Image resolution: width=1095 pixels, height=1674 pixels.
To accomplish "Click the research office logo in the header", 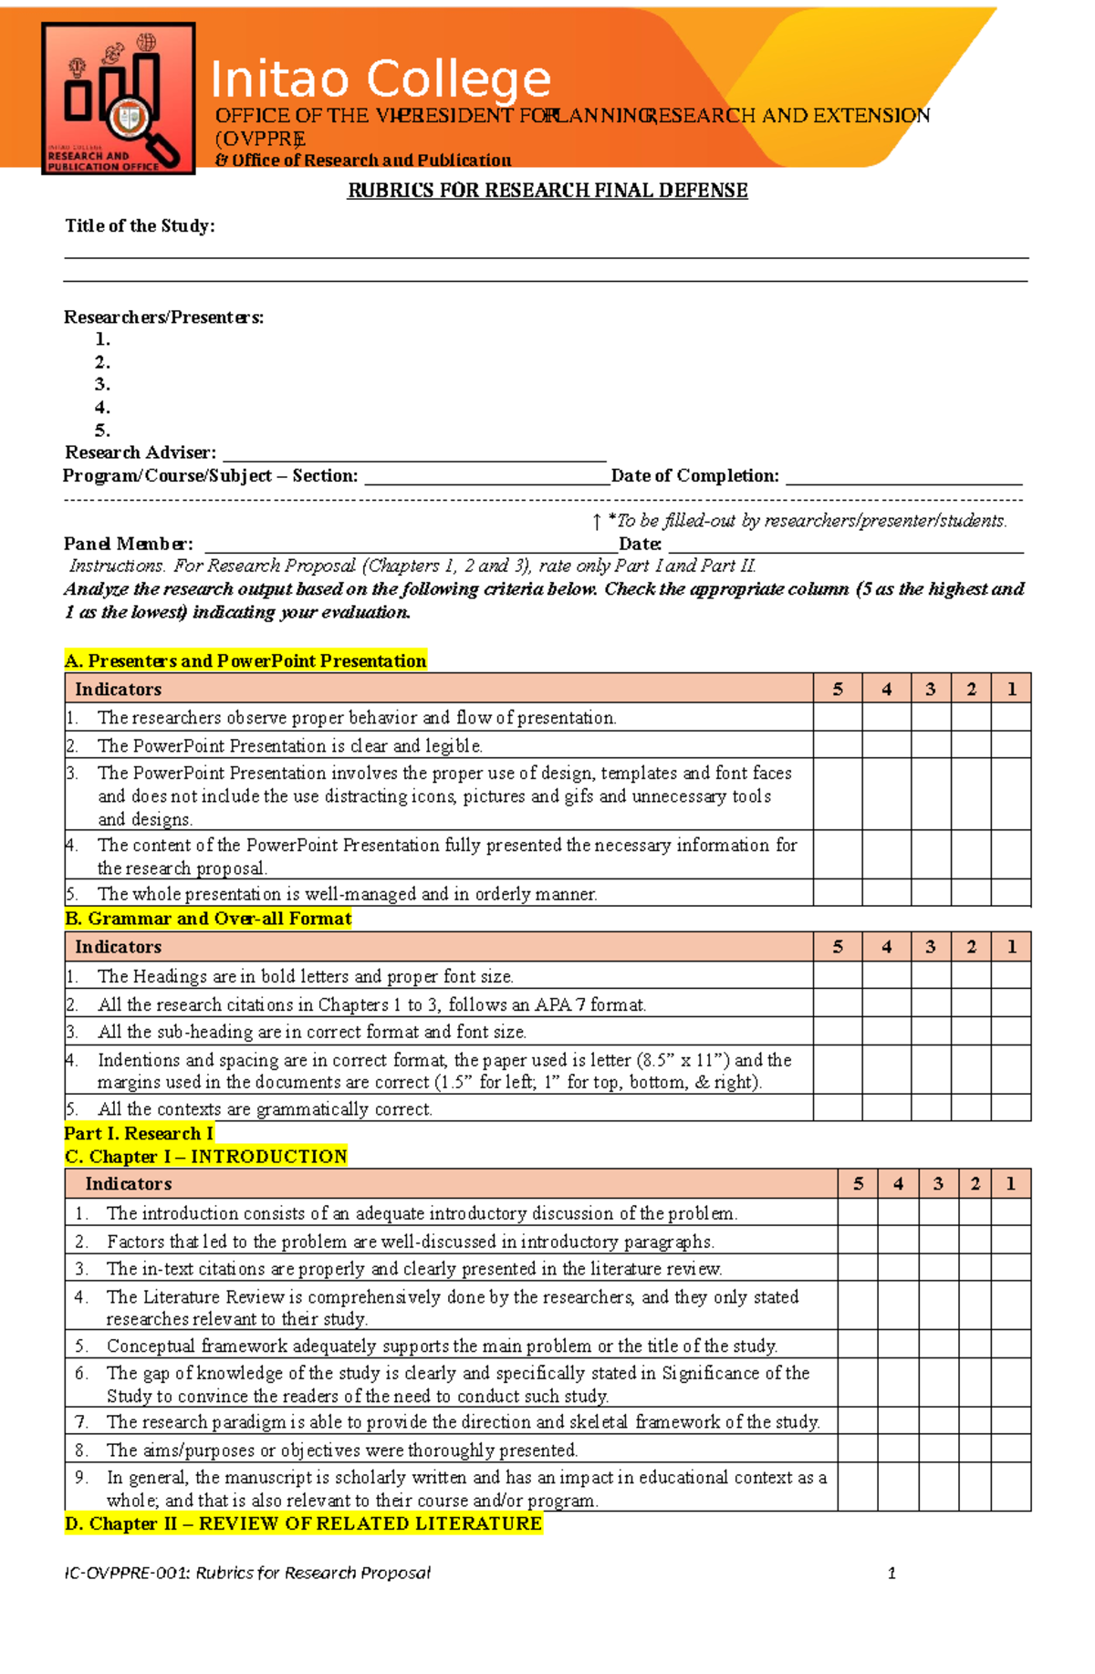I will (x=119, y=99).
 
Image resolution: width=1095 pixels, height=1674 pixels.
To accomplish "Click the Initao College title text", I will (x=381, y=79).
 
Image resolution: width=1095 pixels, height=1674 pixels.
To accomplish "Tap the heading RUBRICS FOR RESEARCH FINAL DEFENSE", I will (x=547, y=191).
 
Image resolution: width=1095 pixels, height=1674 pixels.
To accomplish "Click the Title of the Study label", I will (x=140, y=226).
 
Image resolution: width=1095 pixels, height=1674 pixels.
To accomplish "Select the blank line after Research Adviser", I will (x=414, y=453).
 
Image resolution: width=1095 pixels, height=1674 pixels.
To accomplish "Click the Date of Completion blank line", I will (x=903, y=476).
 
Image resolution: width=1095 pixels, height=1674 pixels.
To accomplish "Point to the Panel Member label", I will (x=128, y=544).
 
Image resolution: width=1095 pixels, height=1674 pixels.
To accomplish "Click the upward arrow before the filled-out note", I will (x=596, y=522).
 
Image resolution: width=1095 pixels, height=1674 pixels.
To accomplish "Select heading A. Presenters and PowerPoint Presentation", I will (x=245, y=660).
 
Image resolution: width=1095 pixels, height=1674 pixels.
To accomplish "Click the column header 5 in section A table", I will (x=838, y=689).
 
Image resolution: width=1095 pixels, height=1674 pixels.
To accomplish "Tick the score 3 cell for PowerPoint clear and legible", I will (x=931, y=744).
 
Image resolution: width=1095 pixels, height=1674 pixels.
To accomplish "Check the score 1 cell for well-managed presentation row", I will (x=1011, y=893).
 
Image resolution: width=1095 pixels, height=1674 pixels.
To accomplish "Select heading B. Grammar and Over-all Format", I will (x=208, y=919).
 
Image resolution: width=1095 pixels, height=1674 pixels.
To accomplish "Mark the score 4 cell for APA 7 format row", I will (x=886, y=1003).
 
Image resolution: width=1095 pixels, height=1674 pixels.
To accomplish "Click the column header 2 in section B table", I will (x=971, y=947).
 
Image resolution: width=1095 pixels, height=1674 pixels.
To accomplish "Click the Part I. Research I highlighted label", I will (x=139, y=1133).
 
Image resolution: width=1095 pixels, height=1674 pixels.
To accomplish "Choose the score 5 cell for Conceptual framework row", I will (x=858, y=1346).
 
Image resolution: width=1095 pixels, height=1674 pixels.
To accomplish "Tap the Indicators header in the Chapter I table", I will (x=128, y=1184).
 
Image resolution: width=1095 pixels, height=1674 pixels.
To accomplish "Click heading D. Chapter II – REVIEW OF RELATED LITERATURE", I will (x=303, y=1523).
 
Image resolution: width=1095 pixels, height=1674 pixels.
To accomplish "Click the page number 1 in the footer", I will (x=892, y=1573).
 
